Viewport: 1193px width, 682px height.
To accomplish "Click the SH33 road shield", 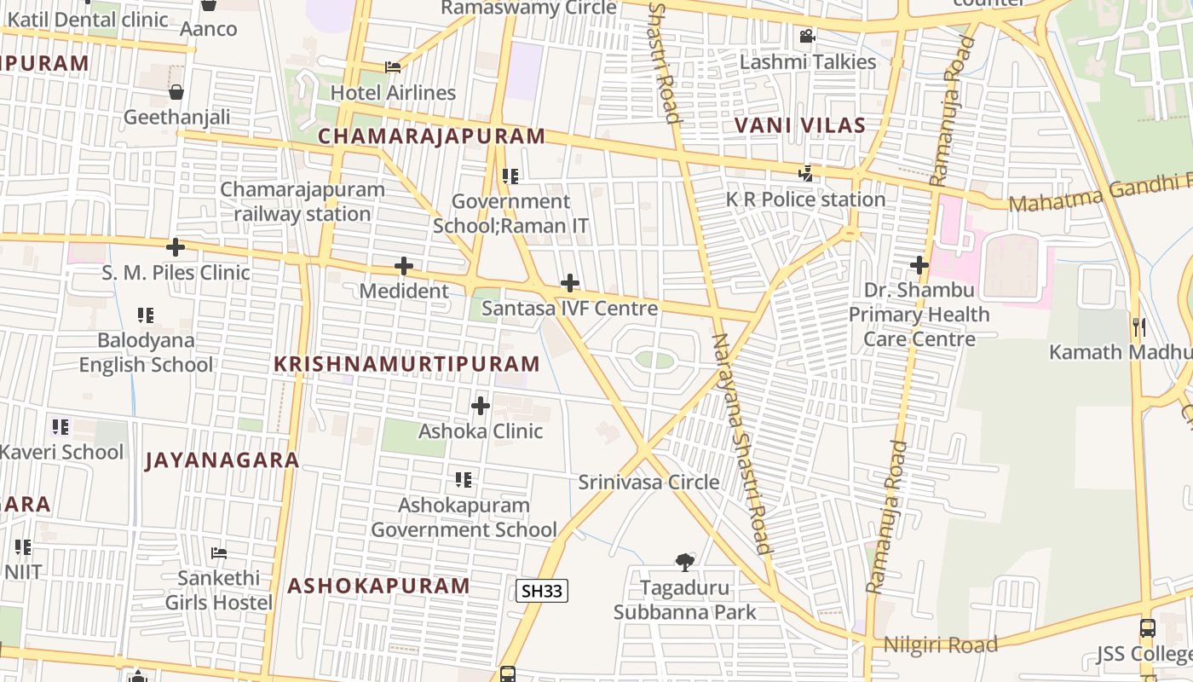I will point(542,591).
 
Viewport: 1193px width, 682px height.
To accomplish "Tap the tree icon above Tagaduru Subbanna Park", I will point(684,562).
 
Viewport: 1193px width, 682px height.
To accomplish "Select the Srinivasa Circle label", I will point(649,483).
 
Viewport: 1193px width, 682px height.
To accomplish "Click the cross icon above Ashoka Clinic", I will point(481,406).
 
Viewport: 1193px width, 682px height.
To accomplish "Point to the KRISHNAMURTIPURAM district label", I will point(406,364).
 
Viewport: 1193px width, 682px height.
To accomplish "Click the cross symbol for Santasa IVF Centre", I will point(570,283).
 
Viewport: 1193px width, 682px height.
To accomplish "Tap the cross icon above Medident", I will point(404,267).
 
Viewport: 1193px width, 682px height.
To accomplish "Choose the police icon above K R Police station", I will point(805,174).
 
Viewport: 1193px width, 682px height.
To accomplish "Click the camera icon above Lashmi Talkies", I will point(807,37).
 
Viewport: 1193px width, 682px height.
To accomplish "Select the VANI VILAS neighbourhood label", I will point(800,126).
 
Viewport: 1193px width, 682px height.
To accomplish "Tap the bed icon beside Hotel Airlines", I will point(392,67).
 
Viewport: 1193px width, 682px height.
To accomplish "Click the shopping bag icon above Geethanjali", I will point(176,92).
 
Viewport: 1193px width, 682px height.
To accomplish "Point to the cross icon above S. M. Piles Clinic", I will point(176,248).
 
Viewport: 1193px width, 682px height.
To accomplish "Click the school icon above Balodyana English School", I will point(146,315).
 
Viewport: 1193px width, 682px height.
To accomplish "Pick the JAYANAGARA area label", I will point(222,461).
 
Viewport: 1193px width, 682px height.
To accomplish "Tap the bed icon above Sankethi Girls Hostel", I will point(219,553).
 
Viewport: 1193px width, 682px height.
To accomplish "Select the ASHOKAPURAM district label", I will point(378,586).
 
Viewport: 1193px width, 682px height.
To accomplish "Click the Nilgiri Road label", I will point(940,645).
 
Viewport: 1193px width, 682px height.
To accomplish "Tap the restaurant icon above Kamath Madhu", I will point(1138,327).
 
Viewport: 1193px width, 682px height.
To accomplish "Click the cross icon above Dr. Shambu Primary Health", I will point(919,265).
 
